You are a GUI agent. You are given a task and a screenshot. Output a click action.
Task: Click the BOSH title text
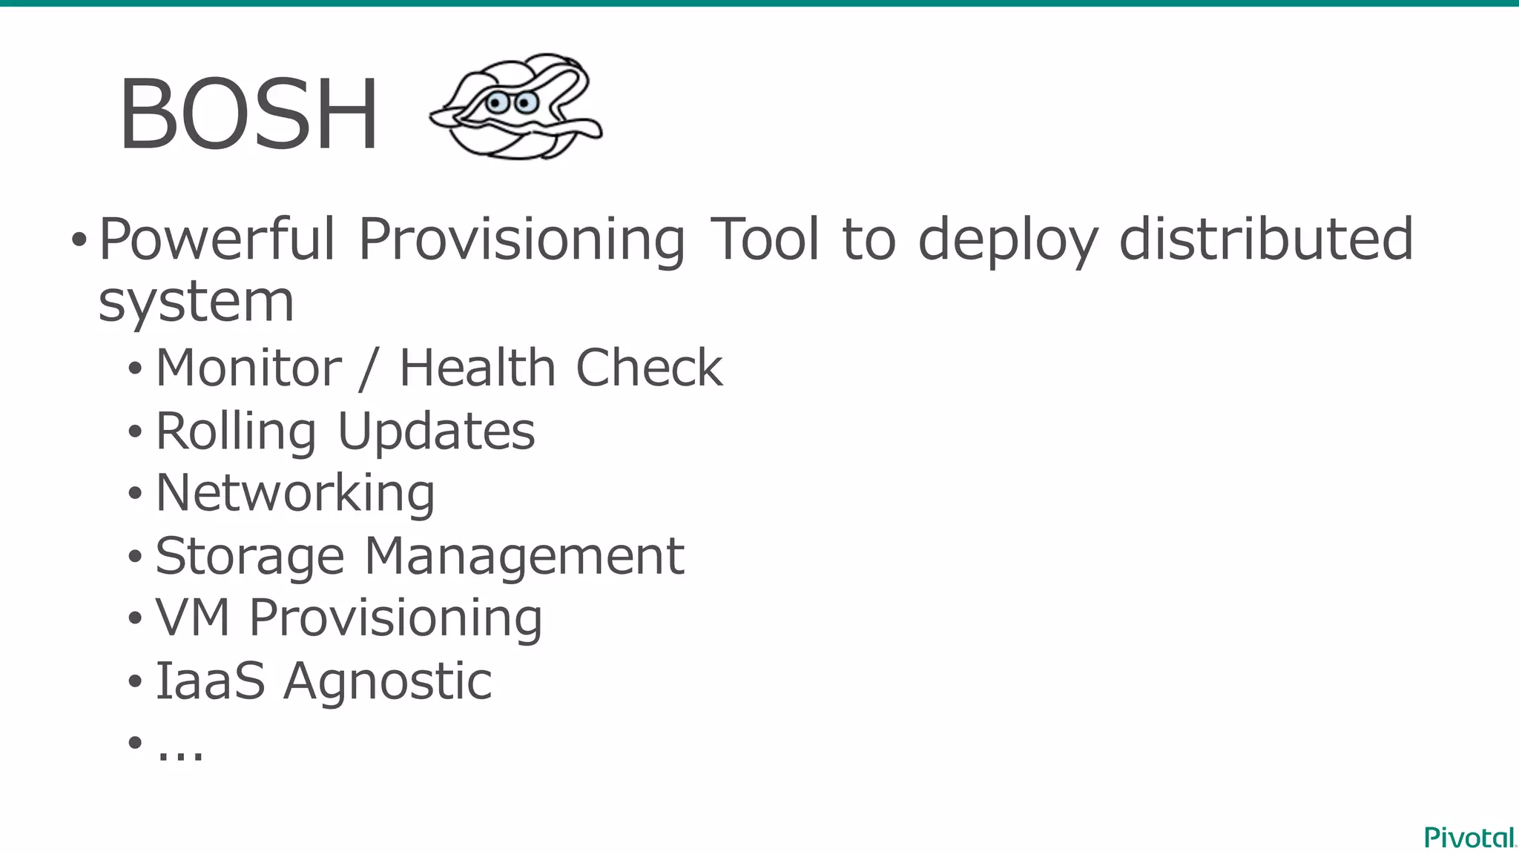[248, 115]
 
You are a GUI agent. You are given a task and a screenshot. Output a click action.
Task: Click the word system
[197, 302]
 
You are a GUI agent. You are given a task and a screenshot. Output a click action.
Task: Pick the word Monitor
[248, 368]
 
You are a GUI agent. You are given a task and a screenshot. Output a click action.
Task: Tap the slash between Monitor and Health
[366, 369]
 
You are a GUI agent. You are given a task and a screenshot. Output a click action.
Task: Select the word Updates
[436, 431]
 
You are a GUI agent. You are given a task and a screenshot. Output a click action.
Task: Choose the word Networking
[295, 494]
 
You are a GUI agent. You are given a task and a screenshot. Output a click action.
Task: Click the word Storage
[250, 557]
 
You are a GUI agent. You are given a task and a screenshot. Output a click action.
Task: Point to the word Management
[524, 557]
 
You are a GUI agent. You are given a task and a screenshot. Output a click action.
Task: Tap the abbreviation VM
[193, 618]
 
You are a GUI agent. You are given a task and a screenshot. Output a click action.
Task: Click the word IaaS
[210, 681]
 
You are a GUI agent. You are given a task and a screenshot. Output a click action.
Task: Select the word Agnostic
[387, 681]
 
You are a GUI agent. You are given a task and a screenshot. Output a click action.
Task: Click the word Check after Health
[649, 368]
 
